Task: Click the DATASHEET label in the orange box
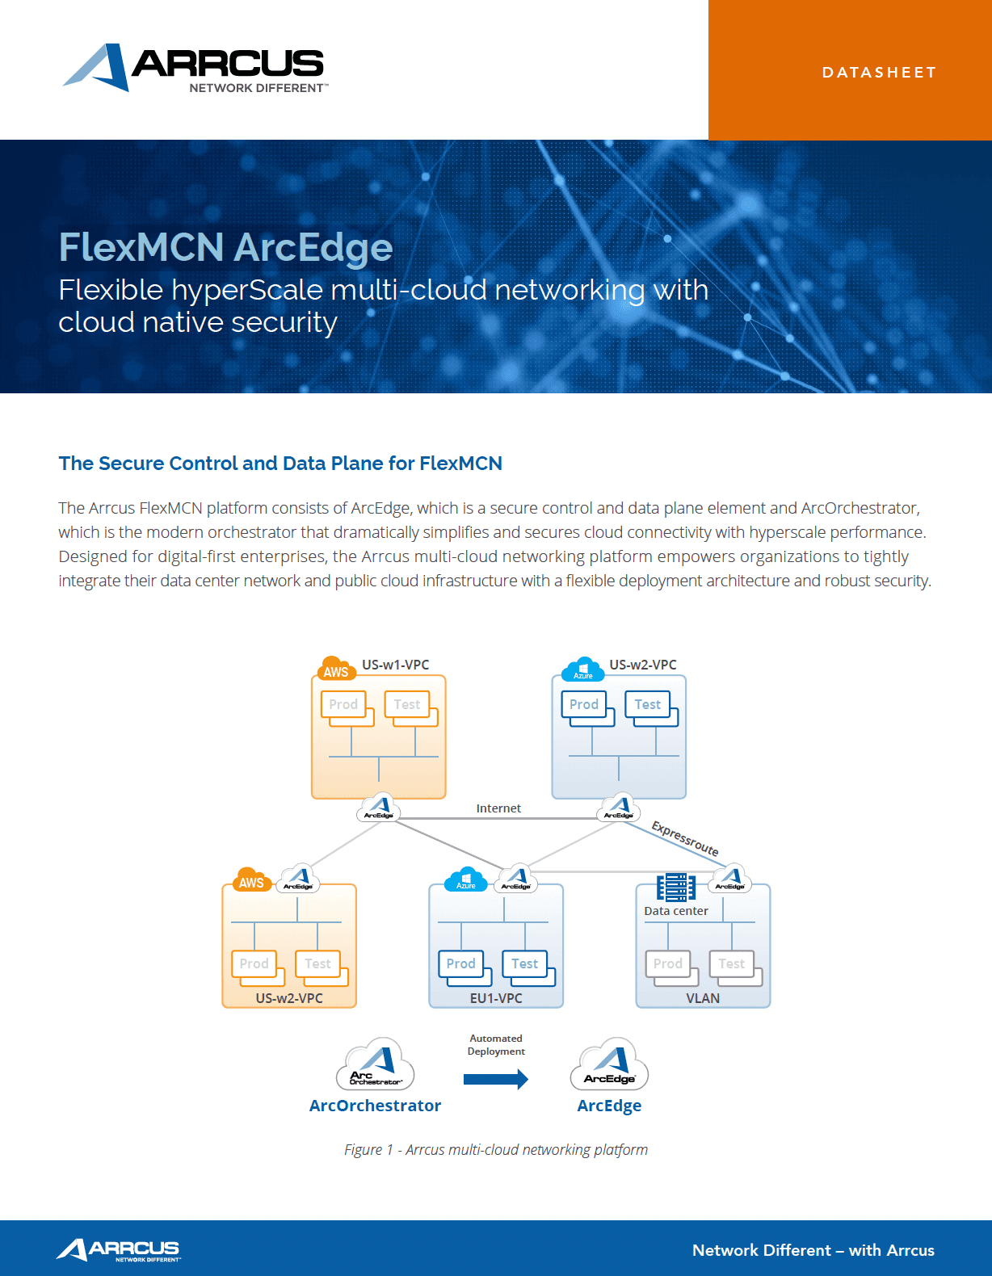pos(879,73)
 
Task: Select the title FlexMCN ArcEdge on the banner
pos(225,247)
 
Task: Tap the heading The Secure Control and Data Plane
pos(280,464)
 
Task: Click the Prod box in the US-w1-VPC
pos(343,704)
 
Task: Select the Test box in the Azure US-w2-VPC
pos(648,704)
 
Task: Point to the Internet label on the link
pos(498,808)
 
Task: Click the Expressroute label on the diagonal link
pos(685,838)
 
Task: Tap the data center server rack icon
pos(675,887)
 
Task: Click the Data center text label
pos(676,911)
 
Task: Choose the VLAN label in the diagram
pos(703,998)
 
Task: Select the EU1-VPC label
pos(496,998)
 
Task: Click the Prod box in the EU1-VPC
pos(461,963)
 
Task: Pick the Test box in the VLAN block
pos(732,963)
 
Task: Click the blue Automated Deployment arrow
pos(495,1079)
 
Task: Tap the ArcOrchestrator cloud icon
pos(376,1065)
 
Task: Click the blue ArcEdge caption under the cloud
pos(609,1106)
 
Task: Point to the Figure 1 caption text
pos(496,1149)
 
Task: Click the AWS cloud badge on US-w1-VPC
pos(335,669)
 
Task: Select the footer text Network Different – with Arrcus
pos(813,1250)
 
